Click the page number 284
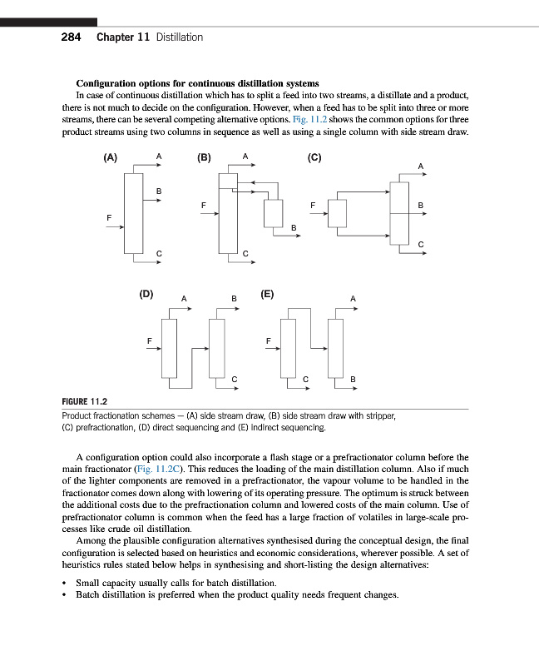[72, 37]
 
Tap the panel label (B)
[204, 157]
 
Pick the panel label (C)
[314, 157]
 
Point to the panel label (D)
[146, 293]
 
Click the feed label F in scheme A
[108, 217]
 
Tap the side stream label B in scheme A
[158, 192]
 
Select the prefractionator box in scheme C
[337, 212]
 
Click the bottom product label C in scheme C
[421, 244]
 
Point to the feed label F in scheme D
[149, 340]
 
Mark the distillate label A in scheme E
[353, 298]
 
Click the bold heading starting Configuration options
[197, 83]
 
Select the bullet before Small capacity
[65, 583]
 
